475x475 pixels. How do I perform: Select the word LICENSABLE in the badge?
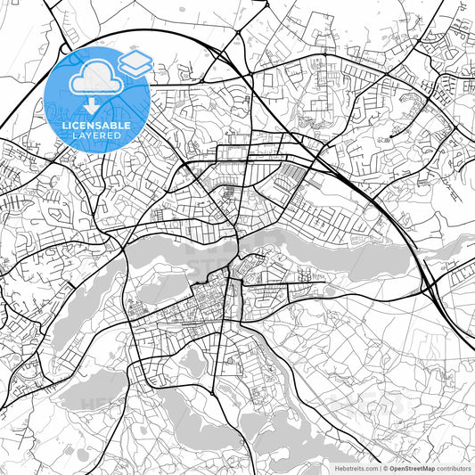pyautogui.click(x=96, y=126)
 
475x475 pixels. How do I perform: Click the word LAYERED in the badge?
pyautogui.click(x=96, y=135)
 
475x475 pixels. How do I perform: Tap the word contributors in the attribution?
pyautogui.click(x=451, y=468)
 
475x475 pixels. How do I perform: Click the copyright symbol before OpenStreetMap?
pyautogui.click(x=385, y=468)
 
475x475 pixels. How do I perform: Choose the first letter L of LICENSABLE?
pyautogui.click(x=64, y=126)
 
